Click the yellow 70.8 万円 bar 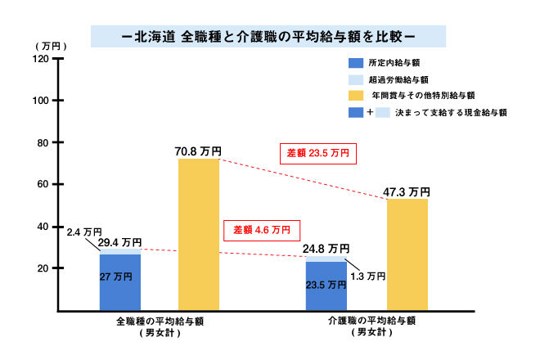[x=199, y=234]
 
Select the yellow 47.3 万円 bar [x=407, y=254]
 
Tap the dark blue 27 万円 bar [x=120, y=282]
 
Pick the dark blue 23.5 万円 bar [x=326, y=286]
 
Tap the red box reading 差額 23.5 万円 [x=319, y=154]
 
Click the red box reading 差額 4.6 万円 [x=261, y=230]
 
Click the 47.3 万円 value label [x=407, y=191]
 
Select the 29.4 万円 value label [x=119, y=243]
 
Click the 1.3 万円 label [x=367, y=277]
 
